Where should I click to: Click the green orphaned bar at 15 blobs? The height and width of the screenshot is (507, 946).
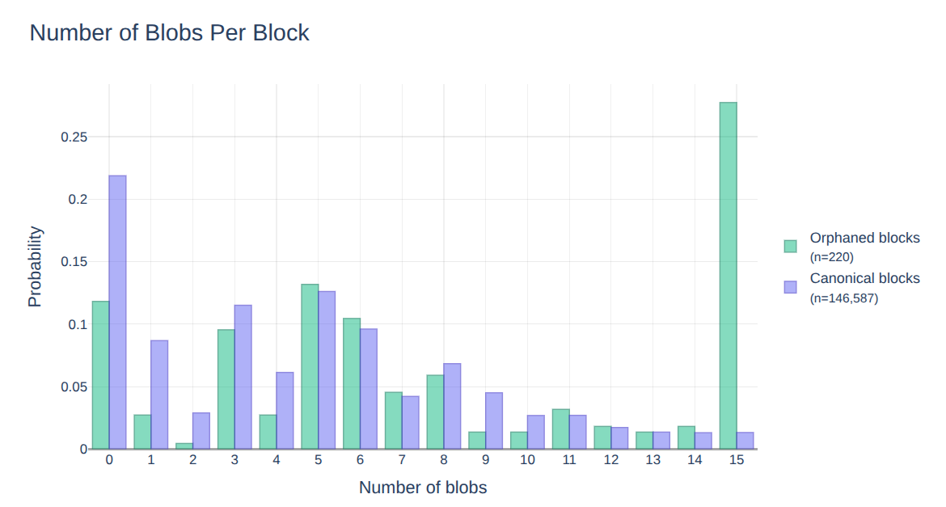728,275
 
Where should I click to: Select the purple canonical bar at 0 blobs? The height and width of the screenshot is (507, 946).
117,311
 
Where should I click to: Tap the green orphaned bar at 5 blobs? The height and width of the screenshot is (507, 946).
310,366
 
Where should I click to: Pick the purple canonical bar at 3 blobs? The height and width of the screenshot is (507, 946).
243,376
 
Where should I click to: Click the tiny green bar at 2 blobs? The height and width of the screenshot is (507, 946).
184,446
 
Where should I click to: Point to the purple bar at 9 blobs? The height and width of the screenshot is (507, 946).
493,420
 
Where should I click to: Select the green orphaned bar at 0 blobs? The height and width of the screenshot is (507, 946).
100,374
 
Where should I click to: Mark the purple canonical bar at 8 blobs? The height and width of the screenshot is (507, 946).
452,406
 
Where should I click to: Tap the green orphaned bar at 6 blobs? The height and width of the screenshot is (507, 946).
352,383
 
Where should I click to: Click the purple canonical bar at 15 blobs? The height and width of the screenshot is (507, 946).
745,441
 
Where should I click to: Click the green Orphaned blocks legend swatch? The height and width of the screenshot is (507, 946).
791,246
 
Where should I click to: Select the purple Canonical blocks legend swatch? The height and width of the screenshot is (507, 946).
791,286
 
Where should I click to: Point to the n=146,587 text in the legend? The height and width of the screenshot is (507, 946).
843,298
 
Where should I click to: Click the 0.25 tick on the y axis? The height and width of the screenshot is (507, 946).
74,137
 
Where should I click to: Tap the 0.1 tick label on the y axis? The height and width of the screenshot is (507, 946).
77,324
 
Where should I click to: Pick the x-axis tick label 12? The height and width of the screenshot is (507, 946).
611,460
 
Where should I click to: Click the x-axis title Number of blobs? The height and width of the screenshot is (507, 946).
423,488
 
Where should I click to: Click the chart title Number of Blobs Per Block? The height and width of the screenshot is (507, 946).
169,33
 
